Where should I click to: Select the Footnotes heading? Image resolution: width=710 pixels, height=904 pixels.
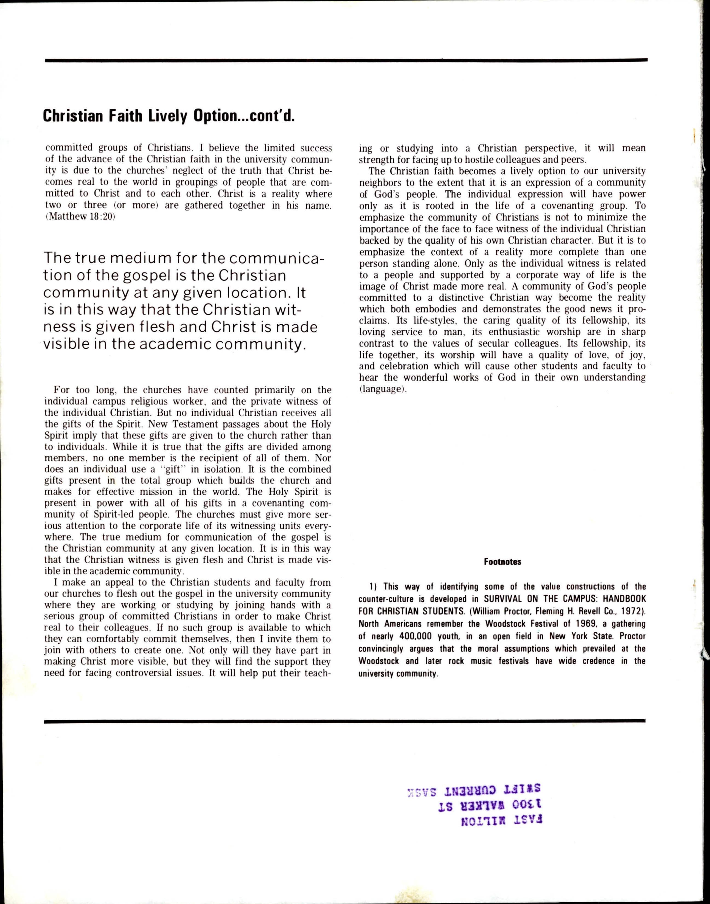(502, 562)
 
